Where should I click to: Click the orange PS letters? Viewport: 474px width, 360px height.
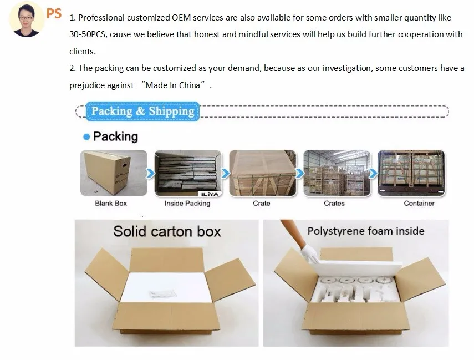tap(54, 13)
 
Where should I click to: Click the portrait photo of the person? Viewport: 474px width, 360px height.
tap(26, 19)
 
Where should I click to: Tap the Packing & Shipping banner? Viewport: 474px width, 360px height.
tap(142, 111)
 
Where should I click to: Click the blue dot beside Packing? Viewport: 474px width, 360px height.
tap(86, 136)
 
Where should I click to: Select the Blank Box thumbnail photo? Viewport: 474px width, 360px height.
tap(114, 173)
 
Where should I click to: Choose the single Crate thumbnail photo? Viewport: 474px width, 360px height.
tap(262, 173)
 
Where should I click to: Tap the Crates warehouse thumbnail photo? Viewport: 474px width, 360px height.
tap(334, 173)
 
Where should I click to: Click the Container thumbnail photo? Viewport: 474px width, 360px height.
tap(411, 173)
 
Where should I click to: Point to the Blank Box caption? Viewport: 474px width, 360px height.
tap(111, 204)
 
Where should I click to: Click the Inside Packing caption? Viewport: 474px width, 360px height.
tap(187, 204)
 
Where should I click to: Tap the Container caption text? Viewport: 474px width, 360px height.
tap(419, 204)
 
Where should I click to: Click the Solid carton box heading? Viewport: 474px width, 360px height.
tap(167, 231)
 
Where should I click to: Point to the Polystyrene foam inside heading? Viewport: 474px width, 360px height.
tap(366, 231)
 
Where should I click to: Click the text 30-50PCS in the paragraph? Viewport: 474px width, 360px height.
tap(89, 34)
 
